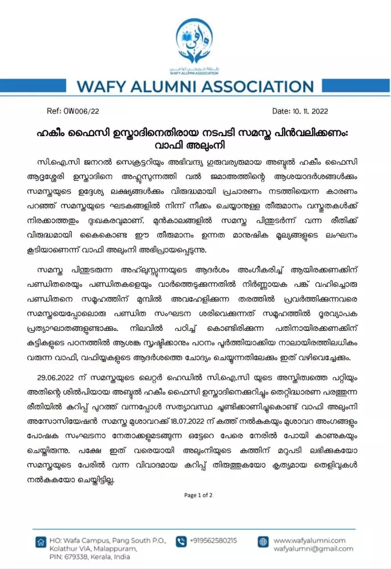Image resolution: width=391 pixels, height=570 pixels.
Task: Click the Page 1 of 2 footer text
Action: pos(198,495)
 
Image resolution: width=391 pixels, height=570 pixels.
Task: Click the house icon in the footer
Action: pos(41,542)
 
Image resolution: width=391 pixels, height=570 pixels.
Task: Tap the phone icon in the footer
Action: pos(181,541)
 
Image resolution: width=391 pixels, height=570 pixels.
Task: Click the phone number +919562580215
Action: pos(213,541)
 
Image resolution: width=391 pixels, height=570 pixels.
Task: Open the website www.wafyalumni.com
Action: pos(309,541)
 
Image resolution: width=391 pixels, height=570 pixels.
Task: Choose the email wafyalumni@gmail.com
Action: pos(313,549)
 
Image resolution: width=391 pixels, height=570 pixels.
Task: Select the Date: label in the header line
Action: pos(281,111)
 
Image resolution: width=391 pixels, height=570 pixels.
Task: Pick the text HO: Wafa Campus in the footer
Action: pos(76,541)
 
